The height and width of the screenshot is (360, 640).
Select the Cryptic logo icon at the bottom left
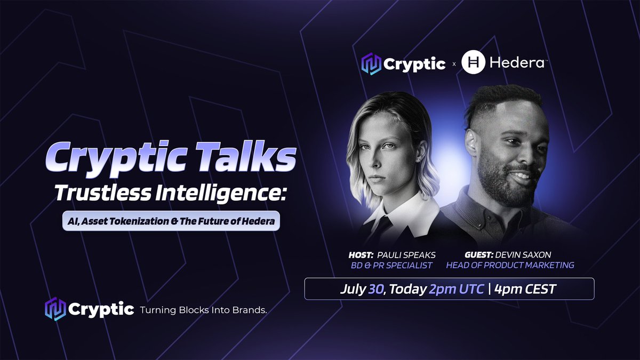tap(55, 309)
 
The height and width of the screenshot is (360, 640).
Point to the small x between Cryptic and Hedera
tap(454, 65)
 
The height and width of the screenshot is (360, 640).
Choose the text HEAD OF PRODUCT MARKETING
tap(510, 265)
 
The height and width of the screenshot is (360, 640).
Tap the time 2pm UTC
tap(456, 290)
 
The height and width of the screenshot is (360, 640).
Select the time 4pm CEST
tap(525, 290)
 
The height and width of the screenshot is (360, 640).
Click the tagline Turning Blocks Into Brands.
tap(203, 310)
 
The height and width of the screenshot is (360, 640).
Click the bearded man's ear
tap(471, 142)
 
